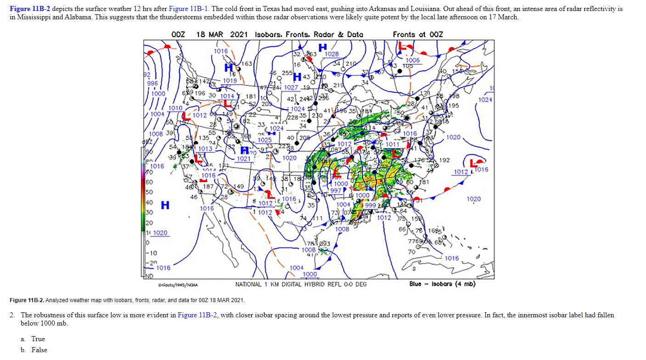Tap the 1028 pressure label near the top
point(331,54)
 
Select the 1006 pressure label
point(412,60)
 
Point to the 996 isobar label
point(152,84)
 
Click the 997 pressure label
point(336,190)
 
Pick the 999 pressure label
point(370,205)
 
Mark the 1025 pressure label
point(265,140)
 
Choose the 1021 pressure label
point(244,159)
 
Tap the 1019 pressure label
point(230,80)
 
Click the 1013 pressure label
point(205,149)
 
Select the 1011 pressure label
point(393,144)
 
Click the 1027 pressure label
point(291,87)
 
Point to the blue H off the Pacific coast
point(165,205)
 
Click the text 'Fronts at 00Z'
point(418,34)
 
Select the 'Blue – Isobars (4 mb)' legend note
point(442,284)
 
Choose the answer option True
point(38,339)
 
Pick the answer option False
point(39,350)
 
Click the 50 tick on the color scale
point(149,192)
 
